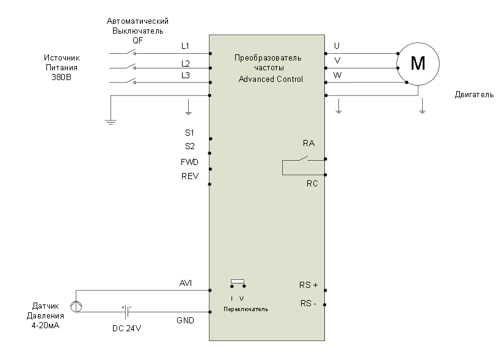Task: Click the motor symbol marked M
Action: (418, 63)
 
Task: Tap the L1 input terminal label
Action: (186, 46)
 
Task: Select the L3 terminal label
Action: (186, 75)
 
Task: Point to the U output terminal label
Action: (337, 46)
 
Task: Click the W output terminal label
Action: (338, 75)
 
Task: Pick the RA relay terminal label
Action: (309, 143)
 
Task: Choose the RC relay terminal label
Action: (311, 183)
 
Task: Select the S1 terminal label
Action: (189, 132)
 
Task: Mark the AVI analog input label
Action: (186, 283)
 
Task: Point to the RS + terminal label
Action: (308, 284)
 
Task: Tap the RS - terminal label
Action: (308, 303)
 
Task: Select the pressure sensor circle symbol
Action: (77, 306)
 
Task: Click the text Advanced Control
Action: (271, 79)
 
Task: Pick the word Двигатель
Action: (474, 96)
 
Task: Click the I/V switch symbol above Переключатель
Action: (238, 284)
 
